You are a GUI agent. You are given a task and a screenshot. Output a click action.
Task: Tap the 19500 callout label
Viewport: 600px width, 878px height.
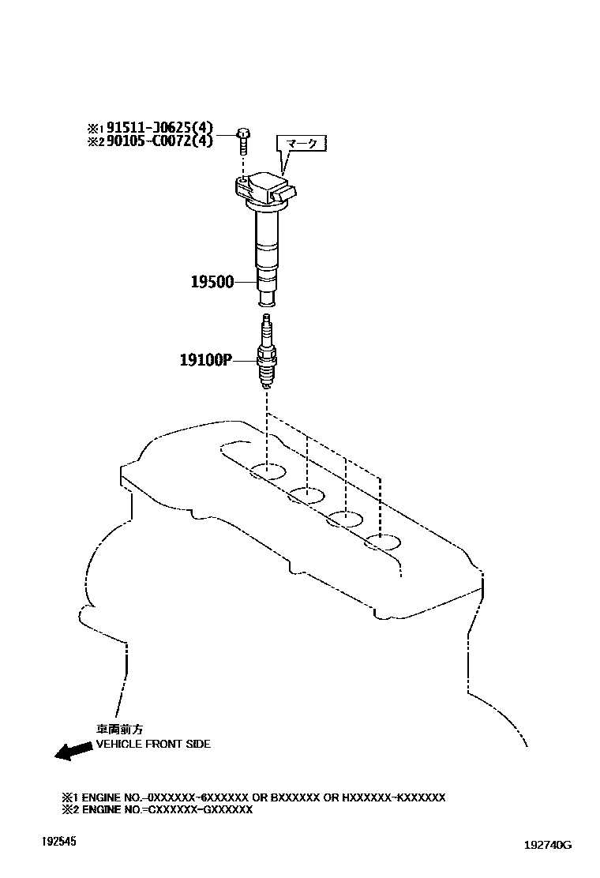coord(212,281)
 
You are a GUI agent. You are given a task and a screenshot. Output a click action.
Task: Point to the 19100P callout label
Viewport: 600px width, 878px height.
coord(204,360)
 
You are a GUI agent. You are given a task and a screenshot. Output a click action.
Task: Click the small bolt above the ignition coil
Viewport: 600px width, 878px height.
coord(243,141)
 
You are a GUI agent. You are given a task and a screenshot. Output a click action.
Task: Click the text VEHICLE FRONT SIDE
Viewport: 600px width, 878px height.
coord(153,744)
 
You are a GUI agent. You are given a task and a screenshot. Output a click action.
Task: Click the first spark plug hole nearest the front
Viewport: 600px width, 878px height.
coord(267,473)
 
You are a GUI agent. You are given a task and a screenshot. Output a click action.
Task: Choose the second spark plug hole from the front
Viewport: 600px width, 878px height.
coord(306,496)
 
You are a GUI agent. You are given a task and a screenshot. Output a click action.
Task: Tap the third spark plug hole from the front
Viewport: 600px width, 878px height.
coord(345,519)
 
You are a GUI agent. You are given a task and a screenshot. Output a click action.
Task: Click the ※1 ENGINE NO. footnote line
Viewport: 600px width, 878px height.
coord(253,797)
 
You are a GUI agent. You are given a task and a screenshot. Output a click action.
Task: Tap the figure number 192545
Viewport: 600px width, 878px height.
coord(60,842)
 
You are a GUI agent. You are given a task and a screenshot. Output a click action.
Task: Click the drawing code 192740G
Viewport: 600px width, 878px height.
coord(547,845)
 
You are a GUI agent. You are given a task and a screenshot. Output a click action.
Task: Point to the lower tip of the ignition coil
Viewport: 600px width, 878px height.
coord(268,299)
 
